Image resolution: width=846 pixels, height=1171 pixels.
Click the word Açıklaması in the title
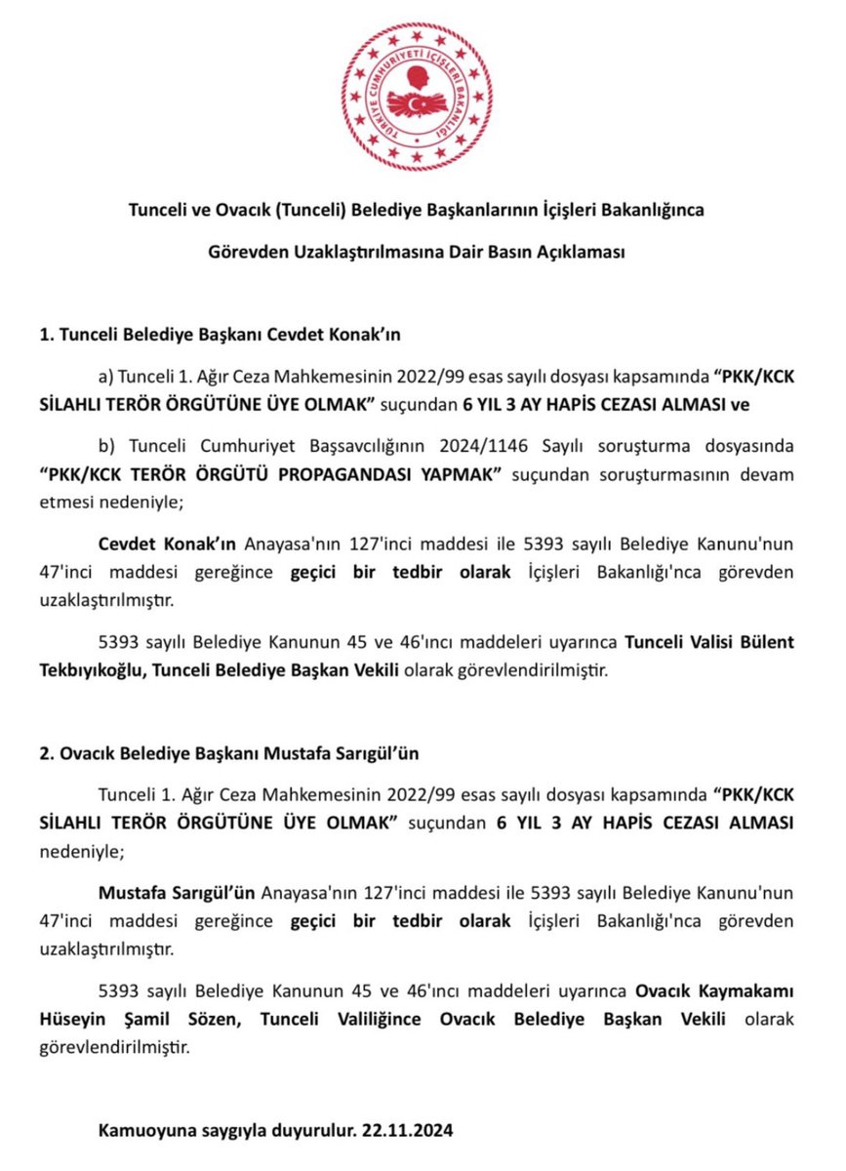[x=574, y=252]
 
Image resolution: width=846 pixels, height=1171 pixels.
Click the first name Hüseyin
[x=129, y=1019]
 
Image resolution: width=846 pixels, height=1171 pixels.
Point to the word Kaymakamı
[x=745, y=992]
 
